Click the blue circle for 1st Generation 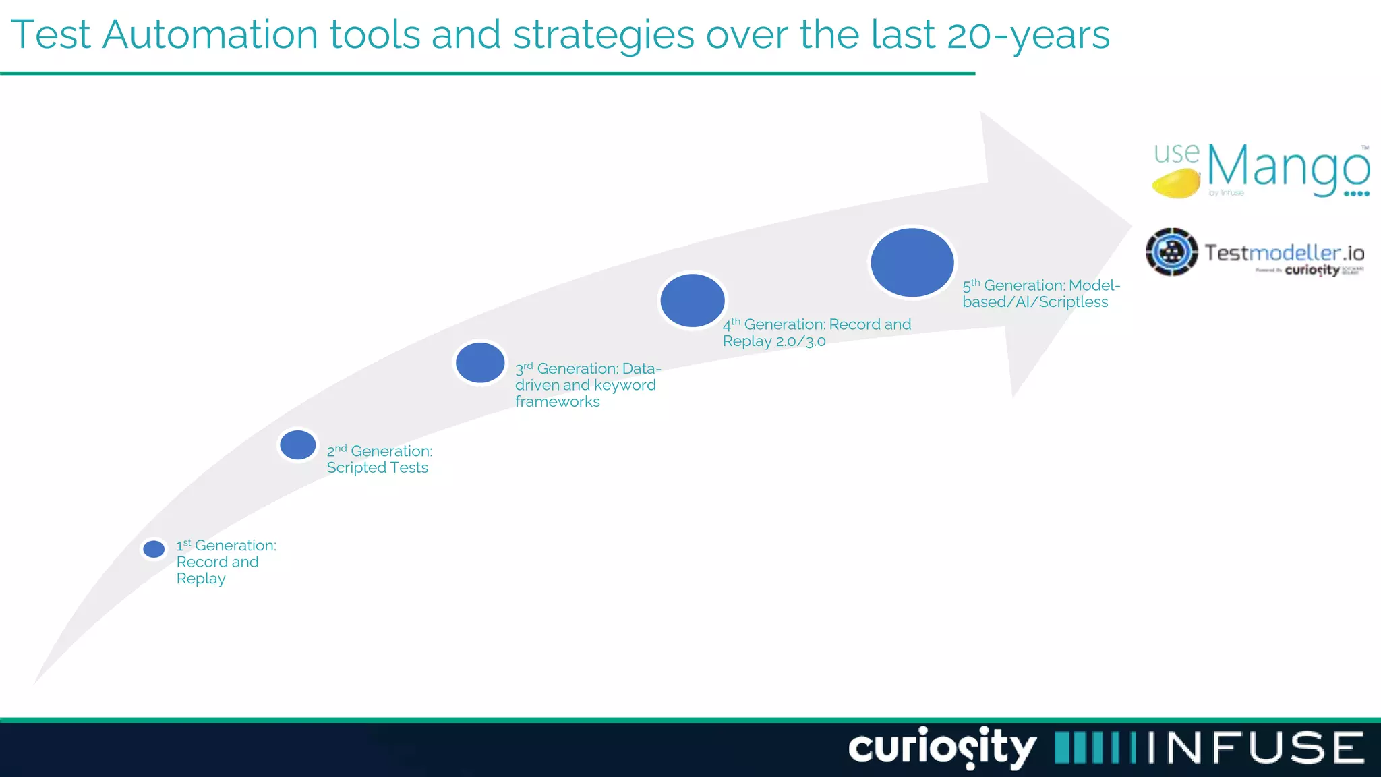click(154, 549)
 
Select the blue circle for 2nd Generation click(297, 445)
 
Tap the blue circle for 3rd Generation click(480, 363)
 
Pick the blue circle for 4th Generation click(693, 301)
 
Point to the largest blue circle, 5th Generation click(912, 262)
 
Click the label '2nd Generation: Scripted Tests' click(378, 459)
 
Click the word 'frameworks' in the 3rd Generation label click(557, 402)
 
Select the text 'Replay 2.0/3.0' click(773, 341)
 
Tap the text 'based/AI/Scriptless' click(1034, 302)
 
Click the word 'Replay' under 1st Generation click(201, 579)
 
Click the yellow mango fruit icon click(1176, 183)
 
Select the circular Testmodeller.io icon click(1172, 252)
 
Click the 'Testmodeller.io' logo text click(1284, 253)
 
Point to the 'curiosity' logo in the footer click(941, 747)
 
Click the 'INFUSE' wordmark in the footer click(1256, 748)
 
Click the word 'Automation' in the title click(210, 34)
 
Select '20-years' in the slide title click(1028, 34)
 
